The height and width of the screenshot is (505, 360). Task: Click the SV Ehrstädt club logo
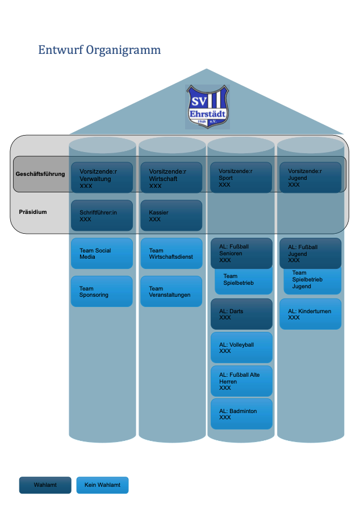pos(208,106)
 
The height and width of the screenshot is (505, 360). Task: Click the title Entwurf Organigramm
pos(99,50)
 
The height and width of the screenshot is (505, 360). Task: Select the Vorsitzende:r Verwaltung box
pos(102,178)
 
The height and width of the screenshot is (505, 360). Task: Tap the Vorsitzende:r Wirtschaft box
pos(171,178)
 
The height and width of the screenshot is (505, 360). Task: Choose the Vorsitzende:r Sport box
pos(241,178)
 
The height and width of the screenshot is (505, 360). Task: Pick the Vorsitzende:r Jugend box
pos(310,178)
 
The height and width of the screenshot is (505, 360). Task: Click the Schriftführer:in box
pos(102,216)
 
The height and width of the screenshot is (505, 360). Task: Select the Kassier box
pos(171,216)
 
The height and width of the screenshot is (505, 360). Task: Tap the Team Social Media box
pos(102,254)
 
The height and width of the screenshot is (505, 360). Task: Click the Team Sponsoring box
pos(102,292)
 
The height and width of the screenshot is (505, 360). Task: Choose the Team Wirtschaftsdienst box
pos(171,254)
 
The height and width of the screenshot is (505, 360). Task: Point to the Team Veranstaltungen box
pos(171,292)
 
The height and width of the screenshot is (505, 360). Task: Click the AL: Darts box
pos(241,314)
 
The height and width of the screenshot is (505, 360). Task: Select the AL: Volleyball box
pos(241,348)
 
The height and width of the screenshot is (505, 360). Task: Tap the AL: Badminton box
pos(241,414)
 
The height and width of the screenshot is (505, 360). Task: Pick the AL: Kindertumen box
pos(310,314)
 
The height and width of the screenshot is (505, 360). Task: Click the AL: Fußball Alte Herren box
pos(241,381)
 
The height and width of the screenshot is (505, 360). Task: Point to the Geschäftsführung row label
pos(40,174)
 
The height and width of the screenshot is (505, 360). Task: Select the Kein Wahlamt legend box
pos(102,485)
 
